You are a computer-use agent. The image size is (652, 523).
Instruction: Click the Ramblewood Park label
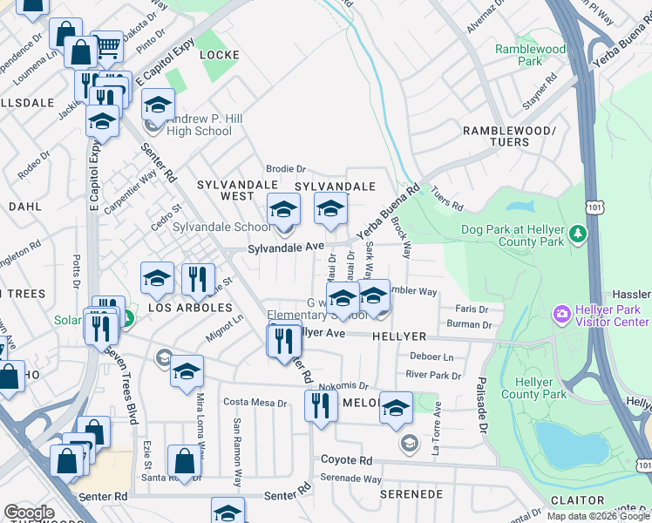530,56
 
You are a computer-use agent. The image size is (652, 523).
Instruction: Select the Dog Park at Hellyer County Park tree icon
577,234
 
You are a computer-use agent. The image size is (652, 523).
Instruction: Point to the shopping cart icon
107,46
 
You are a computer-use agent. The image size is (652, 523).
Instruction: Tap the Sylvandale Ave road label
285,248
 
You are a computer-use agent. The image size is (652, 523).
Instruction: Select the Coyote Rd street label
346,460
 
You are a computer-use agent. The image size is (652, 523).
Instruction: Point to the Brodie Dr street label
287,169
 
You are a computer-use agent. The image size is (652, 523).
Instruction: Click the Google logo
29,513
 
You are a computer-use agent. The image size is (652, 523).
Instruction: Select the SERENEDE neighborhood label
412,493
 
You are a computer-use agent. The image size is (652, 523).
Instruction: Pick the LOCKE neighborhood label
219,54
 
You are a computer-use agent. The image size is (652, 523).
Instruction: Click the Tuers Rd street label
445,201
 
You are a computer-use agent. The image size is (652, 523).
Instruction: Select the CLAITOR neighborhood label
577,500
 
